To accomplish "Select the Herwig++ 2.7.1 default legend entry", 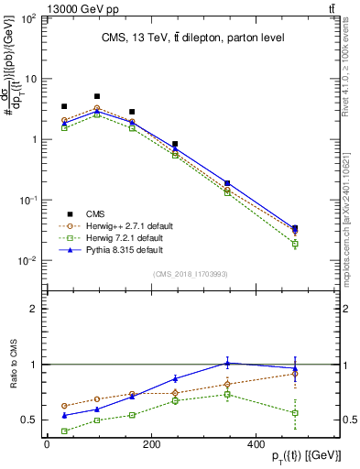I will (x=128, y=224).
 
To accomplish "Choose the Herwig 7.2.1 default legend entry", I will (x=125, y=237).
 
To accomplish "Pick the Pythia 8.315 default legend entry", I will (x=124, y=249).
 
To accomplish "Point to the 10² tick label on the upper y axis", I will (x=27, y=18).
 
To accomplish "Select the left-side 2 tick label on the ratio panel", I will (x=34, y=309).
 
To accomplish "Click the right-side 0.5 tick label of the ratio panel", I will (x=346, y=420).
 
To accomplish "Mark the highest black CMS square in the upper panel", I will (x=97, y=96).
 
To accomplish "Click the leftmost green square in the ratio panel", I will (x=63, y=431).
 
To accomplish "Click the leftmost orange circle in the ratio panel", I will (x=63, y=406).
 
